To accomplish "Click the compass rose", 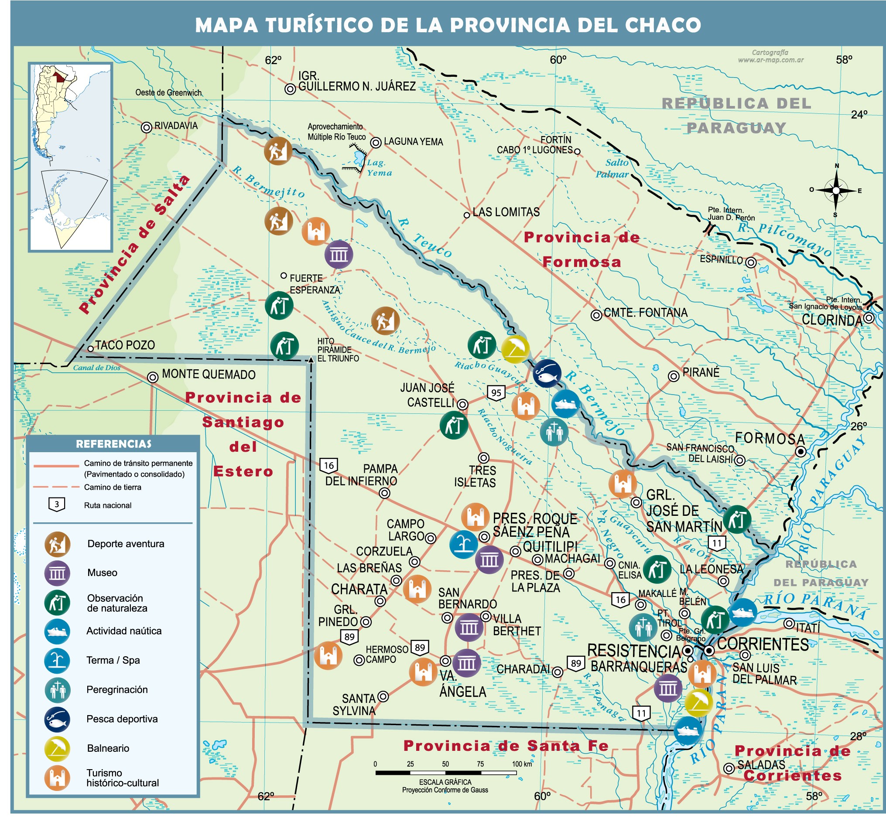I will coord(835,191).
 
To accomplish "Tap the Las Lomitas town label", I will coord(506,212).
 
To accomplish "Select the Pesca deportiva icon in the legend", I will coord(57,719).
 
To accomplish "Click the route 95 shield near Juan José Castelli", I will coord(496,392).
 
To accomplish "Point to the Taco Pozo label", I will coord(125,345).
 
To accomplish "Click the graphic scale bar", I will coord(445,773).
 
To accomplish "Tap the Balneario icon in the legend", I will coord(57,748).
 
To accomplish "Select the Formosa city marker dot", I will coord(800,452).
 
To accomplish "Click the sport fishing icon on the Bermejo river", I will coord(547,373).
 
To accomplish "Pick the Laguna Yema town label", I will coord(413,142).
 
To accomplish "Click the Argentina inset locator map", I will coord(70,157).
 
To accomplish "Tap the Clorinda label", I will coord(832,320).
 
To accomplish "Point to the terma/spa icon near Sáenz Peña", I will coord(463,545).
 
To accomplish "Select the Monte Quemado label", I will coord(209,375).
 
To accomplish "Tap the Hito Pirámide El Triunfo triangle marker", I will coord(311,360).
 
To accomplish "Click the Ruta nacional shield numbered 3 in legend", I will coord(57,504).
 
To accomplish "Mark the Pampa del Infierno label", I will coord(361,475).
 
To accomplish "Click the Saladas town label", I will coord(761,764).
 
